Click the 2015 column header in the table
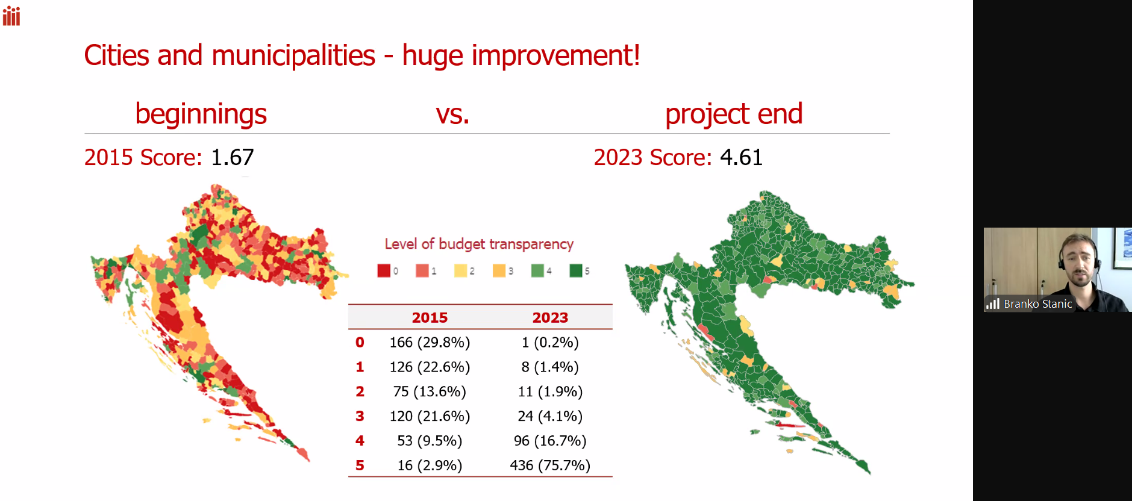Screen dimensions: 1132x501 click(430, 317)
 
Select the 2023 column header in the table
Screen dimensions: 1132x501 click(550, 317)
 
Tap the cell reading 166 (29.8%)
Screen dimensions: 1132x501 click(430, 342)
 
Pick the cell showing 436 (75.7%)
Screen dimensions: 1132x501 click(550, 465)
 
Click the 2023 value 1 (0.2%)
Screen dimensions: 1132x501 click(550, 342)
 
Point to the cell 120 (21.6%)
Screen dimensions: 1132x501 click(430, 416)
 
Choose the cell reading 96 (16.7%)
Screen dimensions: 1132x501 click(550, 441)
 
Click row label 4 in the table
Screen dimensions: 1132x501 click(360, 441)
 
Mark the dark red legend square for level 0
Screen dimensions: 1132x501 click(384, 270)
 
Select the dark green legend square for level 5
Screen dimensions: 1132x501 click(576, 270)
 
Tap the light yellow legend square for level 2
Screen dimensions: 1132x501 click(461, 270)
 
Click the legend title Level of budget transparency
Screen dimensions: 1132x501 click(479, 244)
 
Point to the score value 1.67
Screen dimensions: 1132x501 click(233, 157)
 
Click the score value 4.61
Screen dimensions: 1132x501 click(741, 157)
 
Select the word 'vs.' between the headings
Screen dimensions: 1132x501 click(452, 114)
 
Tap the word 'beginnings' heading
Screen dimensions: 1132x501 click(201, 114)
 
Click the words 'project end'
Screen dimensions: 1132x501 click(734, 114)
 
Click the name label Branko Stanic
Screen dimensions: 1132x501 click(1037, 304)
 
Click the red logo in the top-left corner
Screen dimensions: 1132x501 click(11, 16)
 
